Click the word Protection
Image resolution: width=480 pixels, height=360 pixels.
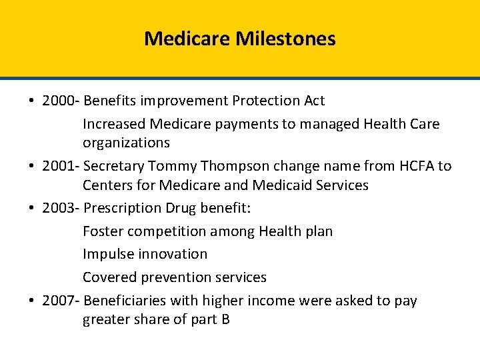(263, 101)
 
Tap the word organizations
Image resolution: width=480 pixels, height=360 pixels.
(126, 143)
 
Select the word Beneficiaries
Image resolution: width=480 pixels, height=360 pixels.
(125, 301)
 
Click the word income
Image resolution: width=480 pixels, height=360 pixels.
(273, 301)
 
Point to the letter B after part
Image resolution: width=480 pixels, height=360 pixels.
(225, 320)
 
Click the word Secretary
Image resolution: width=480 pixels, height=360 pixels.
(117, 166)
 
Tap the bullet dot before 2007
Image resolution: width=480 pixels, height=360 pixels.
(32, 301)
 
